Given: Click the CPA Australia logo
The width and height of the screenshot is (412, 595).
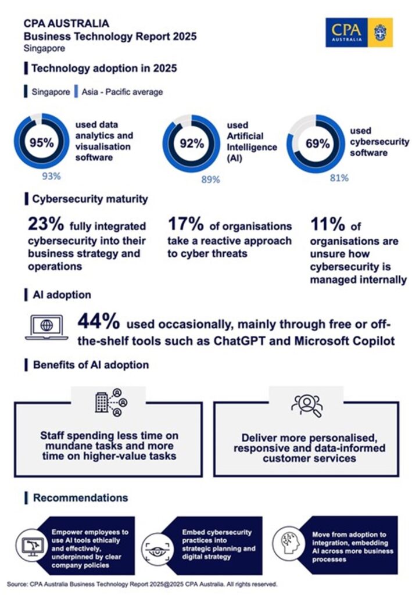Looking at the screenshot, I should tap(359, 32).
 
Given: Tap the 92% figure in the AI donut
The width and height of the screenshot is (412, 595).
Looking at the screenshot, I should tap(190, 144).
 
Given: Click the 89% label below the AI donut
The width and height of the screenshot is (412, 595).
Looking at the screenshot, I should tap(210, 180).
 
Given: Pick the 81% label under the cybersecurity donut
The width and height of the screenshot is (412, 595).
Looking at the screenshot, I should tap(338, 178).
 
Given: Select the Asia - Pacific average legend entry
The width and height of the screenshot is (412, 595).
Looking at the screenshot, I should tap(122, 92).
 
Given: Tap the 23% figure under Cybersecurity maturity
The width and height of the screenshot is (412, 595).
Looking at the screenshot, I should tap(46, 224).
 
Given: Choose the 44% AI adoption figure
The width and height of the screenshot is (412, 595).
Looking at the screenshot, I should tap(99, 322).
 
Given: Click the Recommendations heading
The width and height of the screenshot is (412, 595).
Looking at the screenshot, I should tap(80, 498).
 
